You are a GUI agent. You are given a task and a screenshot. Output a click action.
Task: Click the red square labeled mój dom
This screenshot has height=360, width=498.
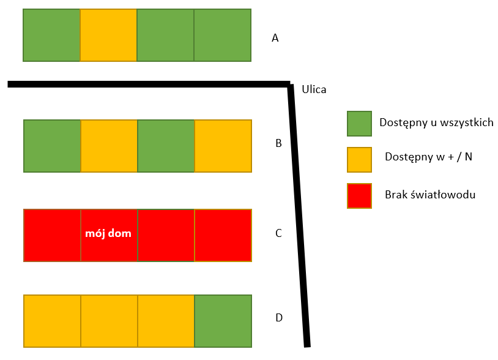coord(109,235)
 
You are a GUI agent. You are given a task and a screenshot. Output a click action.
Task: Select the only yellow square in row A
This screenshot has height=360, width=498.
coord(108,36)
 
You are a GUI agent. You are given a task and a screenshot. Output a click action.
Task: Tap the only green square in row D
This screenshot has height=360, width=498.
coord(223,321)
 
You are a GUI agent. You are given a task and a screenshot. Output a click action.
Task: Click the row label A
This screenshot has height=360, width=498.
coord(275,38)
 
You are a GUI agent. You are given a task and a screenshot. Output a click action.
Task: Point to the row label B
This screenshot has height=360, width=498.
coord(278,144)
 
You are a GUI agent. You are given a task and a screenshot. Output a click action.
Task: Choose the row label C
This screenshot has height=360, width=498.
coord(278,233)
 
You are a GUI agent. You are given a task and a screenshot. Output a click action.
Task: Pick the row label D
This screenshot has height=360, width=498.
coord(279,317)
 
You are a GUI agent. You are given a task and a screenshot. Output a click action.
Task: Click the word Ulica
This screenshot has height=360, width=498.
coord(314,89)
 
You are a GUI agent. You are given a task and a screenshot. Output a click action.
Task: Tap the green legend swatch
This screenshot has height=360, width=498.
coord(359,123)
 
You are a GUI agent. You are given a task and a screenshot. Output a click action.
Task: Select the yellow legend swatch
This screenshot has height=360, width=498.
coord(359,160)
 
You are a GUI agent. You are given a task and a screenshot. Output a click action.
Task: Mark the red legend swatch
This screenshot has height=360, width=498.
coord(359,195)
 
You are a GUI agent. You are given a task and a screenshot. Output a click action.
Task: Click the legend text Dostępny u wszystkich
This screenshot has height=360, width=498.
coord(436,122)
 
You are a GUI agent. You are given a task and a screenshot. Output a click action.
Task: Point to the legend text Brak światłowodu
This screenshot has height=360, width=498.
coord(430,195)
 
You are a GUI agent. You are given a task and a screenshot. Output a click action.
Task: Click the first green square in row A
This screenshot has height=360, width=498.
coord(51,36)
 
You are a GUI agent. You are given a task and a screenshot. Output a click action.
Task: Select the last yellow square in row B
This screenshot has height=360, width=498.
coord(223,146)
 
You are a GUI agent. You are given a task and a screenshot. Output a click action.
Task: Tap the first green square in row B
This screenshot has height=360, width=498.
coord(52,146)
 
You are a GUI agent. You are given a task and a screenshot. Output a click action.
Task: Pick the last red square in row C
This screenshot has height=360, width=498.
coord(223,235)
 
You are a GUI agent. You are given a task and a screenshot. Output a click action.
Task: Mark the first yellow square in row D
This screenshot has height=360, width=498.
coord(52,321)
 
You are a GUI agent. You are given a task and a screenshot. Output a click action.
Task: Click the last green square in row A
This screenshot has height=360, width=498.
coord(223,36)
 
